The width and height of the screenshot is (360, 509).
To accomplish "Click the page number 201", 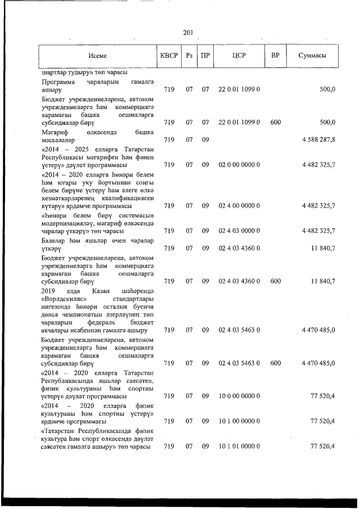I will point(188,33).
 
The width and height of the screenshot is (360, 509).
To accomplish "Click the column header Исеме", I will point(97,56).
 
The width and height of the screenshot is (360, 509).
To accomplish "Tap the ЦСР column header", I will point(238,56).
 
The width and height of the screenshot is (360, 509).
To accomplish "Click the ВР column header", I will point(276,56).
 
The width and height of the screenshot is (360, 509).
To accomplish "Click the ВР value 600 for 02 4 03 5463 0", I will point(276,363).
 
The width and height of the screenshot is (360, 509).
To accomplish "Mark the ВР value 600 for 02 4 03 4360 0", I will point(276,280).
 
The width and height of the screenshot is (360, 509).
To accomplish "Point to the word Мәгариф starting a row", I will point(55,131).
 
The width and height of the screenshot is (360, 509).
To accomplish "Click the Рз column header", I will point(190,56).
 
